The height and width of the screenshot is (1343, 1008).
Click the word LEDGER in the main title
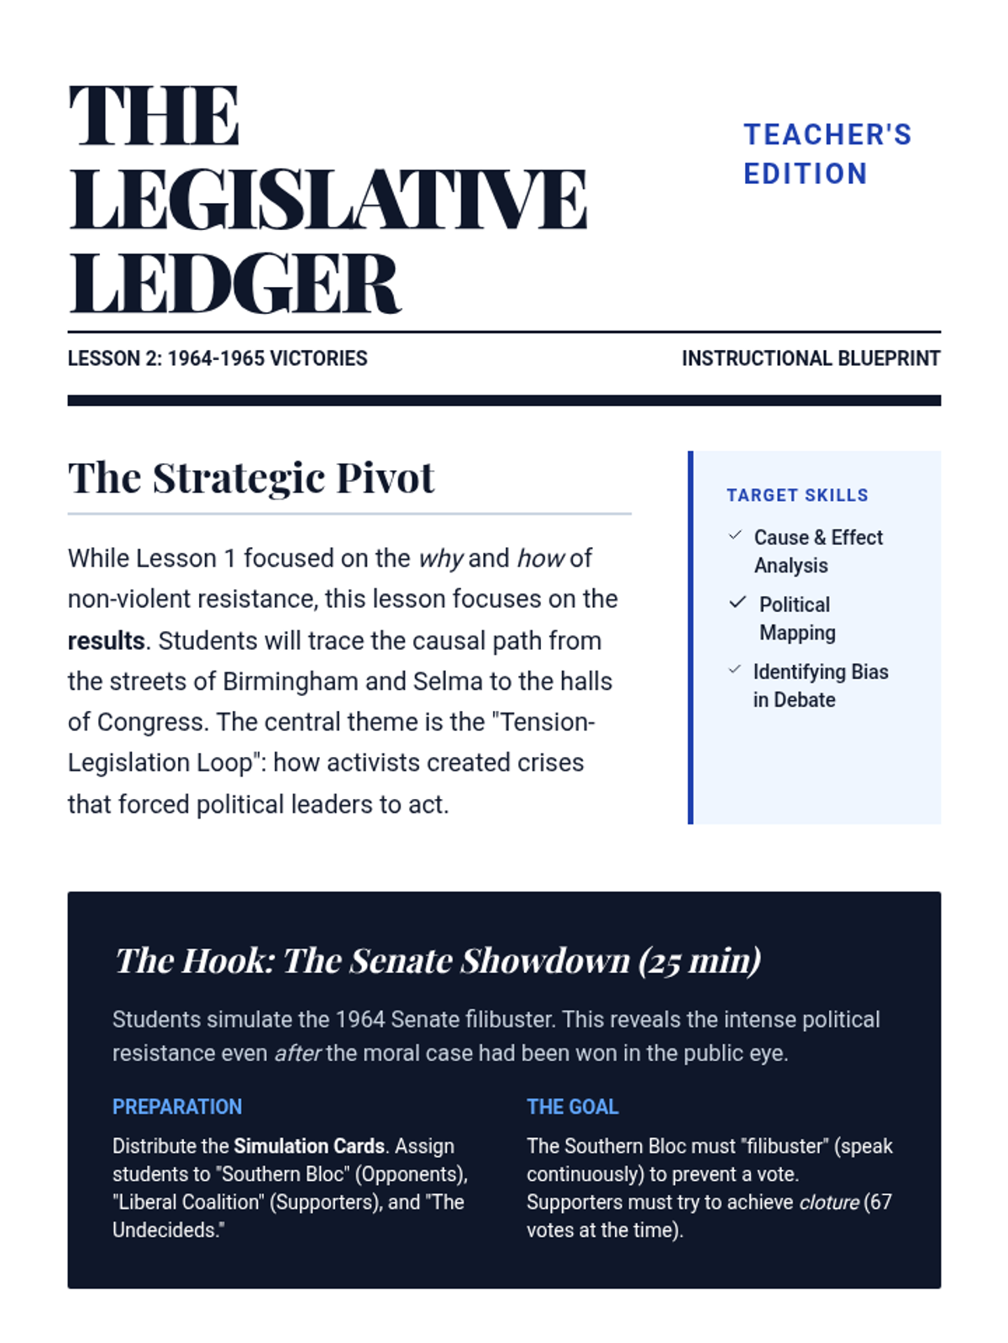click(234, 284)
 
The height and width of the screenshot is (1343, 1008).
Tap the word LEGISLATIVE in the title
click(328, 199)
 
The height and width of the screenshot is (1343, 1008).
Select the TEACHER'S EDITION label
click(827, 154)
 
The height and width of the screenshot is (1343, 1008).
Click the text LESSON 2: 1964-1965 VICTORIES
click(218, 358)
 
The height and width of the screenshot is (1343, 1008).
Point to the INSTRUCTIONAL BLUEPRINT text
click(811, 358)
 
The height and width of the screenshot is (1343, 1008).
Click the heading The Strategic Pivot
click(251, 478)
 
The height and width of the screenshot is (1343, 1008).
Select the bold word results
click(106, 640)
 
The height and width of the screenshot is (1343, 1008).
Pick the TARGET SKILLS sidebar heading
click(797, 495)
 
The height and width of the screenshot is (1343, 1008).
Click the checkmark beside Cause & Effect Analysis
click(736, 536)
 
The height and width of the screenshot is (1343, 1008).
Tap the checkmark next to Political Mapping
click(738, 602)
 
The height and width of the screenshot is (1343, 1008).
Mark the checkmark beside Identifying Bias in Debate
click(735, 669)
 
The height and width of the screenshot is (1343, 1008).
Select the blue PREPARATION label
click(177, 1106)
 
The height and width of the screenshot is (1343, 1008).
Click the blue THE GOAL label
click(572, 1106)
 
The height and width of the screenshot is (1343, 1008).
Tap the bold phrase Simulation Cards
click(308, 1146)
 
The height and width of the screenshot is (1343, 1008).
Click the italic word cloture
click(828, 1202)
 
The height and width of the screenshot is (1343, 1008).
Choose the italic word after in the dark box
click(297, 1053)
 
